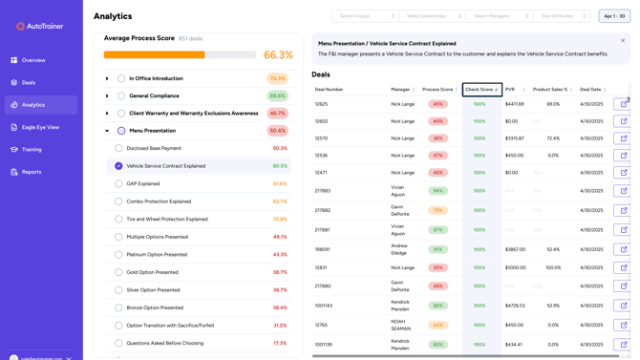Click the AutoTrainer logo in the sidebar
(40, 26)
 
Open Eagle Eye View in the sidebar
(40, 127)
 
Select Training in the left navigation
(32, 150)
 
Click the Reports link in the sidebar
(32, 172)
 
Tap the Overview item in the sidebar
(33, 60)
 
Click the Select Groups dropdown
(364, 16)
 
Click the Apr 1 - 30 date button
(613, 16)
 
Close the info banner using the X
(623, 41)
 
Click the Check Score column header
(481, 90)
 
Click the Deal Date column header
(591, 90)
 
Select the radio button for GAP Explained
(118, 184)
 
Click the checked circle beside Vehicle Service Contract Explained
(118, 166)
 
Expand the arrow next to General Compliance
(107, 96)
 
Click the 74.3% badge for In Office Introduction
(277, 79)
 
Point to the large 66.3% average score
(278, 55)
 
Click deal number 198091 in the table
(322, 249)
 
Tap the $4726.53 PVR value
(515, 306)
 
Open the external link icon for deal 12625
(623, 104)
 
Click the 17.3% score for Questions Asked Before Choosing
(279, 343)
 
